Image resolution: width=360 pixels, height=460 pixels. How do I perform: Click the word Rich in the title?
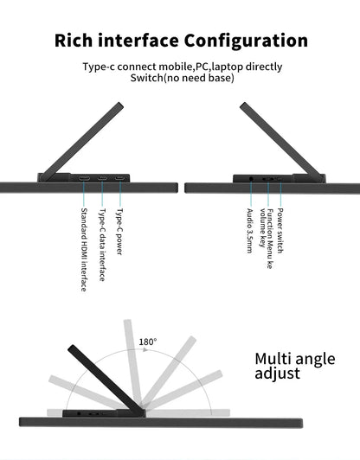tap(74, 40)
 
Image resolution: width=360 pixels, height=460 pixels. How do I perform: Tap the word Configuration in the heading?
tap(246, 40)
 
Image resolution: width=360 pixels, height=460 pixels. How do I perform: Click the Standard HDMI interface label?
tap(84, 250)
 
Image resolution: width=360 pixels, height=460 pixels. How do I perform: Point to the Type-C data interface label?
tap(102, 245)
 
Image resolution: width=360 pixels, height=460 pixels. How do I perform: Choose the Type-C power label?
tap(119, 232)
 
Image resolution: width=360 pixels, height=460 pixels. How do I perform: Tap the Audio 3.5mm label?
tap(249, 231)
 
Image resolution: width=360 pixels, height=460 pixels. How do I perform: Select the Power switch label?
tap(280, 231)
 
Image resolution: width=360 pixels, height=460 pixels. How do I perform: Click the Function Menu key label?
tap(267, 239)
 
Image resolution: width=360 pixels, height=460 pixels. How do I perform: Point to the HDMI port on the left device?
tap(84, 178)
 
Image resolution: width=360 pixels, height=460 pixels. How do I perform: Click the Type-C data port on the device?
tap(102, 178)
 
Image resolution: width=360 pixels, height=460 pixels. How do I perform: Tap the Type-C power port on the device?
tap(119, 178)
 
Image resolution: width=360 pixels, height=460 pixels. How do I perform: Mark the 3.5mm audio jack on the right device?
tap(251, 178)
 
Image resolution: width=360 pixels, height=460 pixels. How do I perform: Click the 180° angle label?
tap(148, 342)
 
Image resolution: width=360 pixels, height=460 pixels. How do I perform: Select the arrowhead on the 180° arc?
tap(146, 349)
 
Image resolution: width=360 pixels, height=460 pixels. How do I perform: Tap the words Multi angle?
tap(295, 360)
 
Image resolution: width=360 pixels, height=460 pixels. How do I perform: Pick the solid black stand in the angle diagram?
tap(106, 379)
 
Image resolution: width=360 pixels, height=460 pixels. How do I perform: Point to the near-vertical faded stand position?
tap(132, 364)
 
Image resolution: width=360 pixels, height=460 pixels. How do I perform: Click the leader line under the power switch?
tap(280, 194)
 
